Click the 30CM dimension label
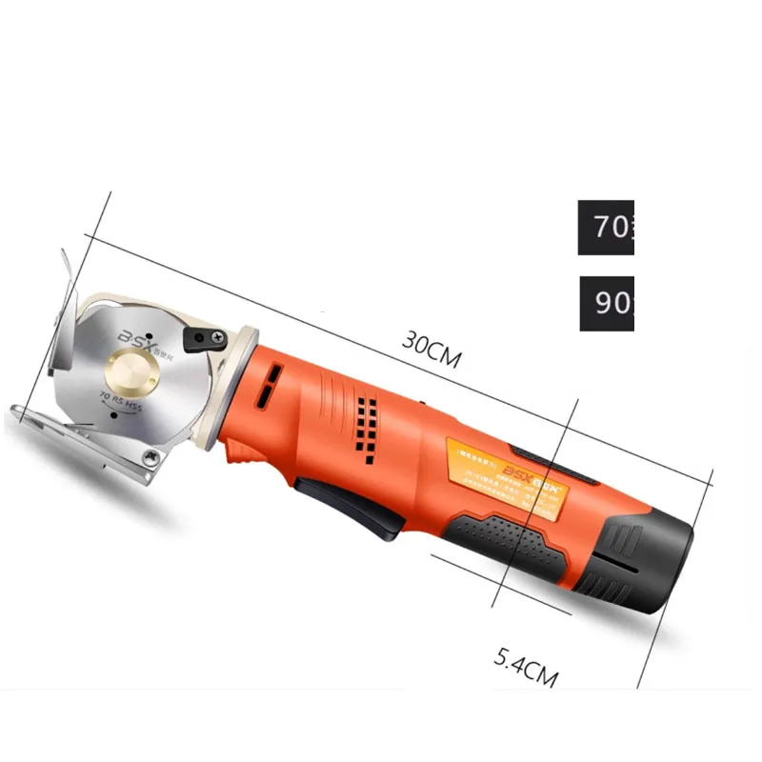coord(431,351)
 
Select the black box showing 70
coord(606,228)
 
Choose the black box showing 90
coord(606,304)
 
